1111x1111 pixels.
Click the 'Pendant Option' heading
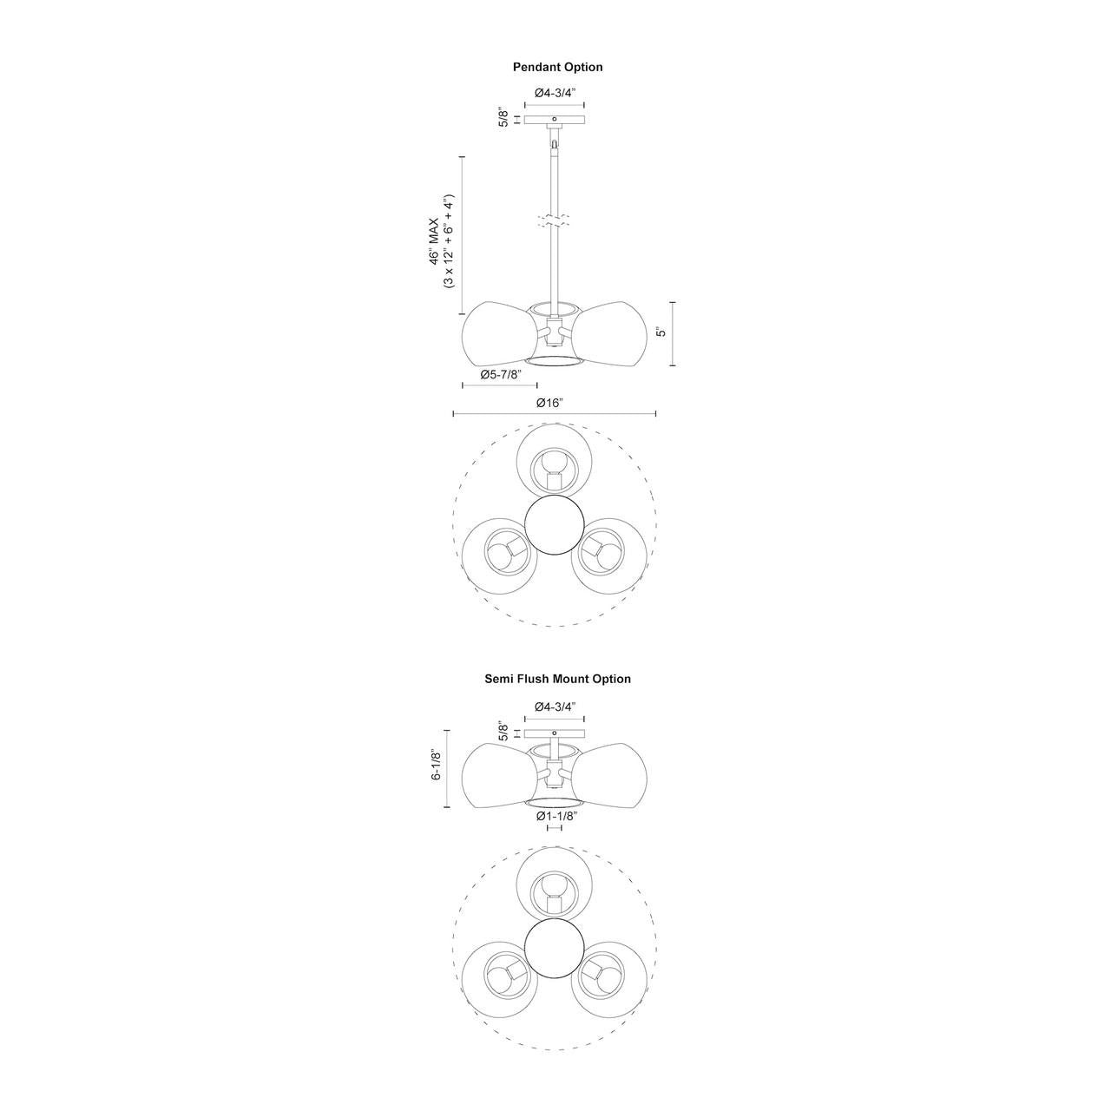click(x=557, y=68)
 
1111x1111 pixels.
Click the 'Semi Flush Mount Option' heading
click(x=557, y=679)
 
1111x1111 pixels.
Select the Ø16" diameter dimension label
click(x=549, y=403)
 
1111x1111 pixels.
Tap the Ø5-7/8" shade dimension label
click(x=501, y=374)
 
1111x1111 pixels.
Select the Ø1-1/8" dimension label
click(x=557, y=816)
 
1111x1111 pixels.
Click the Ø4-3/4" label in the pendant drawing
click(x=555, y=93)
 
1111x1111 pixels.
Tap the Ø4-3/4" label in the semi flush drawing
click(x=555, y=707)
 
